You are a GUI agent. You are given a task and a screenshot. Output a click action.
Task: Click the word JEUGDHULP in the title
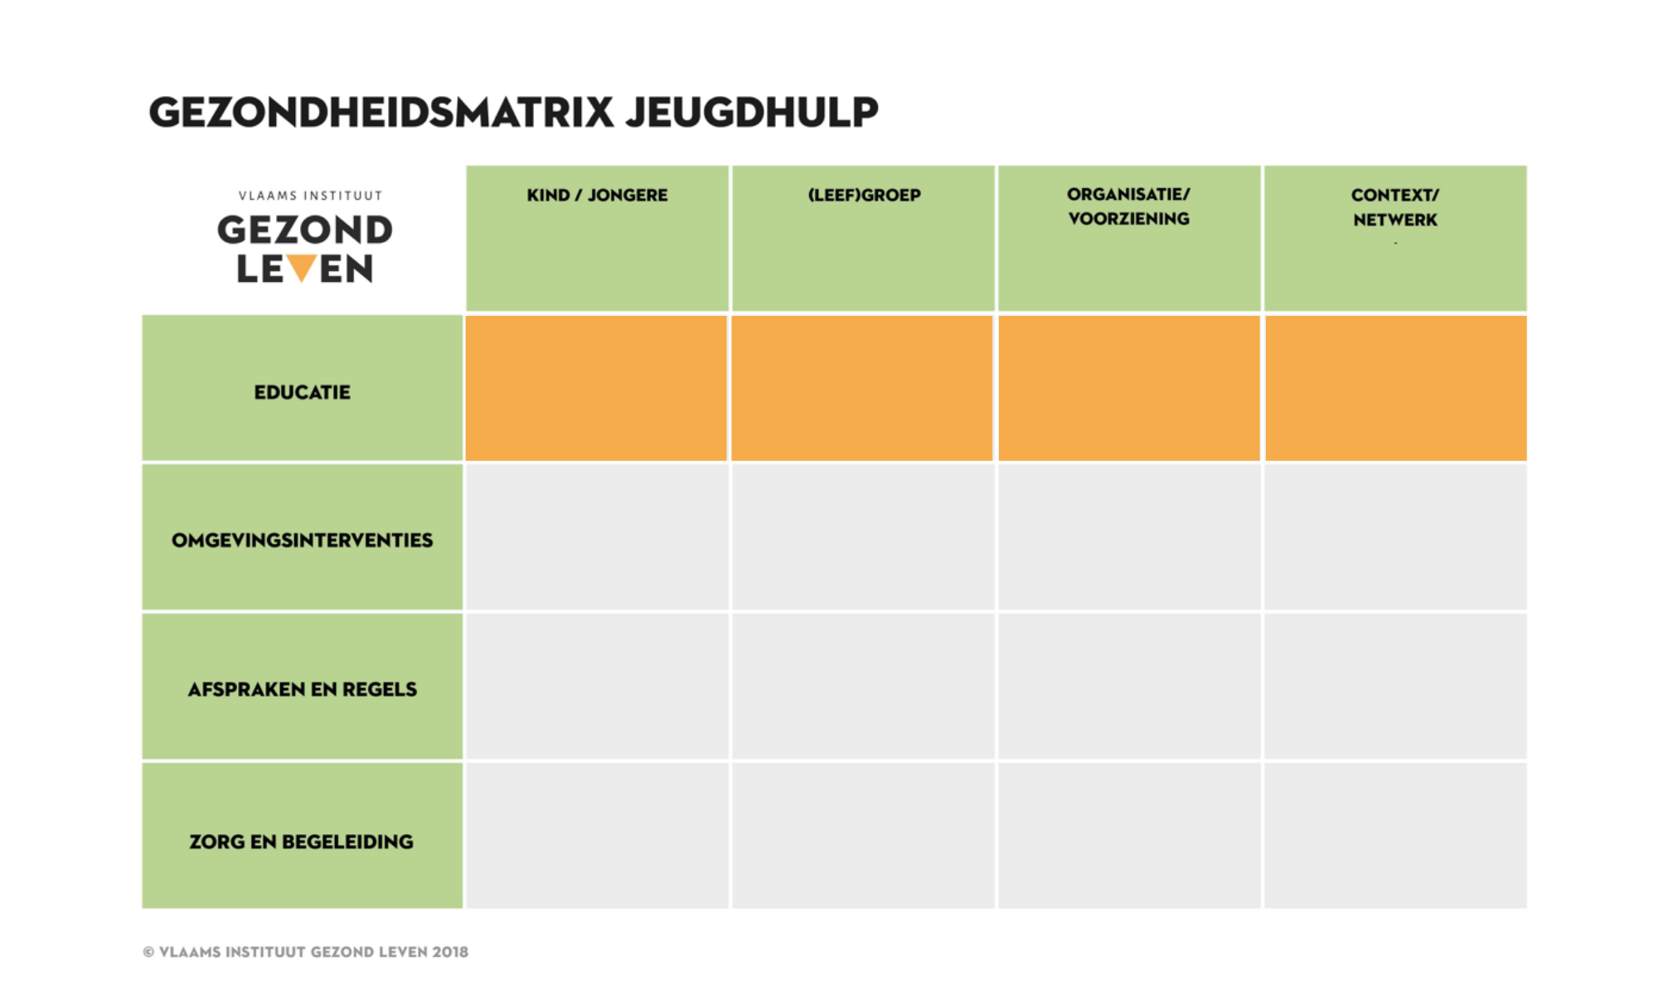[752, 113]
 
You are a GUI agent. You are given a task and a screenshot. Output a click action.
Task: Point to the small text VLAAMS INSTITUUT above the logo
[310, 196]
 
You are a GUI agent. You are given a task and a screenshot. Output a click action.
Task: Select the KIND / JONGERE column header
[597, 196]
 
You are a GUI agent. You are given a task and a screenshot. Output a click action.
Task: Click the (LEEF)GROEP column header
[864, 196]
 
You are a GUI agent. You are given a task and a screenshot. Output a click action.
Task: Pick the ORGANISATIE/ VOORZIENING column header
[1128, 206]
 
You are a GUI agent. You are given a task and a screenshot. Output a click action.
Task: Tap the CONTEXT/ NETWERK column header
[1395, 207]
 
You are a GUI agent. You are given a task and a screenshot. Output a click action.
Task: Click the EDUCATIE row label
[302, 392]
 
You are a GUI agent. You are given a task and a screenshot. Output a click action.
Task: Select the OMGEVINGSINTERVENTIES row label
[302, 541]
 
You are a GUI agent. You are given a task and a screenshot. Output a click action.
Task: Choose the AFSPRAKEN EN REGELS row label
[302, 690]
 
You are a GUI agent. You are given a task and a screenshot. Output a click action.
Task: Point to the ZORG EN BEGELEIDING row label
[302, 842]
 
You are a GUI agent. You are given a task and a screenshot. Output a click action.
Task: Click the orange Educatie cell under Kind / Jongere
[596, 388]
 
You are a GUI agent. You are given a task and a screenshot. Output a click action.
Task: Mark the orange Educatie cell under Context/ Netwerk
[1395, 388]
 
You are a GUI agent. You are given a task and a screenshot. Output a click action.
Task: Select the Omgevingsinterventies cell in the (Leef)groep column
[862, 537]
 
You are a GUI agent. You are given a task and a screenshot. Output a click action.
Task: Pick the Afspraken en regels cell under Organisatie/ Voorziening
[1129, 687]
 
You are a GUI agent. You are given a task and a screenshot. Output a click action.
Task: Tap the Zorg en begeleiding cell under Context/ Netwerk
[1395, 836]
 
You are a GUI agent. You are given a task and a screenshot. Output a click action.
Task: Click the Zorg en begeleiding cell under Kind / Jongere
[596, 836]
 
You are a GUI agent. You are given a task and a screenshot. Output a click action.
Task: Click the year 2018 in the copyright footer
[449, 952]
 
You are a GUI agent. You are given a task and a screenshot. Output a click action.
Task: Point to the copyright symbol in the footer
[148, 953]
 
